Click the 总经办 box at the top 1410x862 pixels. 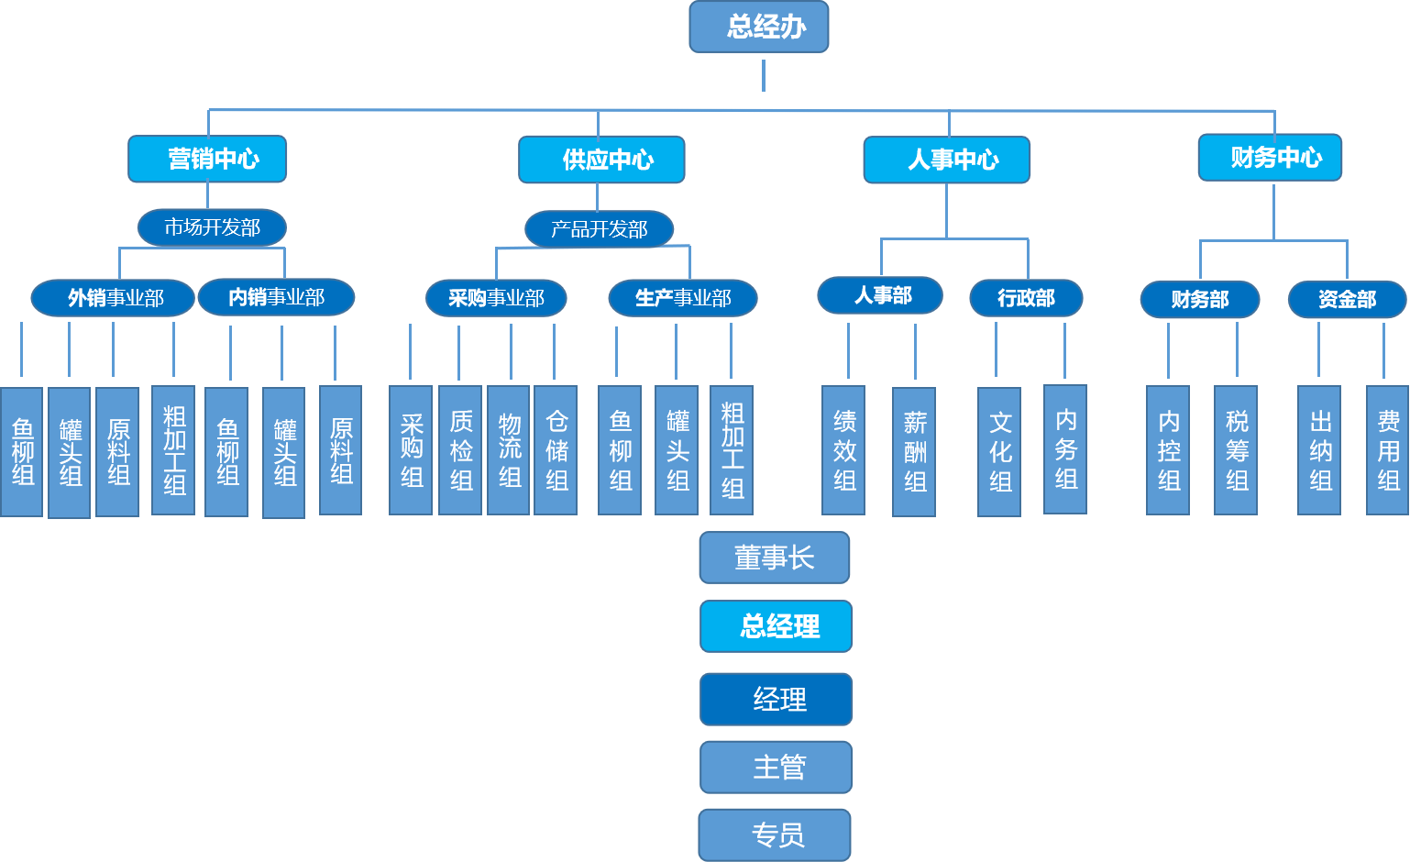pos(759,27)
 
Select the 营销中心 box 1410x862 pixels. pos(207,160)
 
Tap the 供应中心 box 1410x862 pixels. pos(601,160)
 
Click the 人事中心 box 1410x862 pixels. pos(946,160)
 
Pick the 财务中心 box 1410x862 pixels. pos(1270,158)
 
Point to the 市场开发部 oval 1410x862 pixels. pos(212,227)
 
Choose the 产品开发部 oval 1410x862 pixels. pos(599,229)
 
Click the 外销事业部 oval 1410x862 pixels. pos(113,298)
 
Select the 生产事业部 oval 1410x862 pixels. pos(682,298)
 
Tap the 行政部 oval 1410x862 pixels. pos(1026,298)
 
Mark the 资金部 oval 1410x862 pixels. pos(1347,300)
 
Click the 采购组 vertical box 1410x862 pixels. pos(411,450)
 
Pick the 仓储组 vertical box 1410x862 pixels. pos(556,450)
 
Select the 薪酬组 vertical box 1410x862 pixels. pos(914,452)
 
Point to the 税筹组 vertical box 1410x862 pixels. pos(1236,450)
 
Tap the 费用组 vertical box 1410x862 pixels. pos(1387,450)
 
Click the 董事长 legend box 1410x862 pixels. pos(775,558)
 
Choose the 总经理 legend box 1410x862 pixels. pos(777,626)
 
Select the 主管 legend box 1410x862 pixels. pos(777,767)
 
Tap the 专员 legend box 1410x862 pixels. pos(775,834)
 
